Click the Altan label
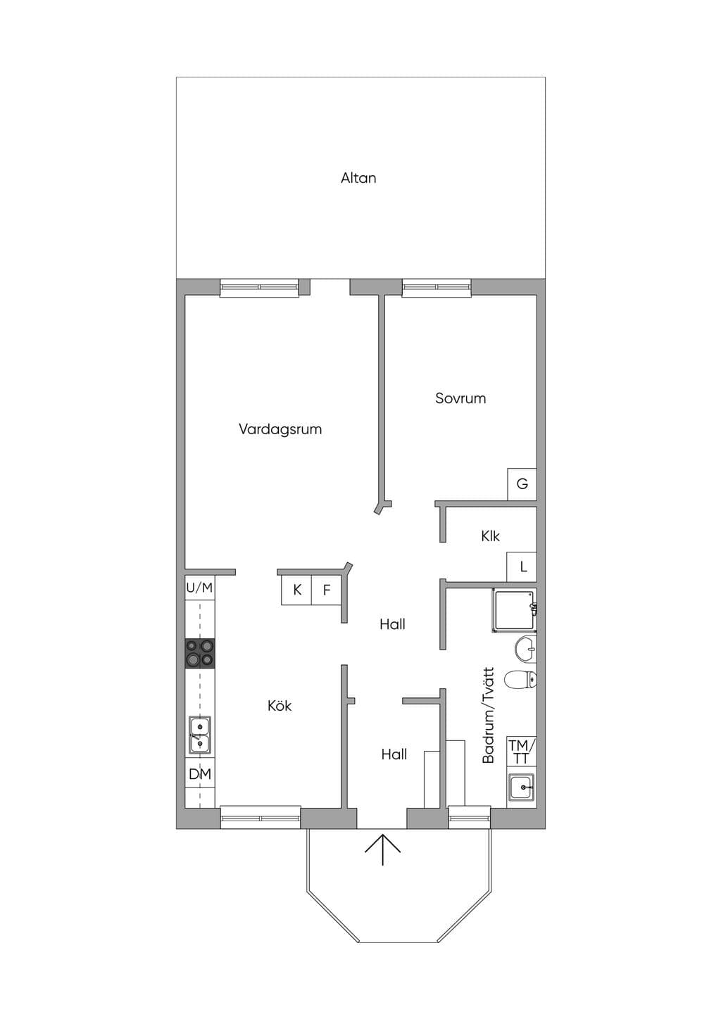pos(358,178)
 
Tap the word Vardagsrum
pos(280,429)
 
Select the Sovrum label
pos(460,398)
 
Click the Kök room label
pos(280,706)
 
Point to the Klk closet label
pos(490,536)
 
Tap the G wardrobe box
pos(522,484)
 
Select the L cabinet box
pos(522,567)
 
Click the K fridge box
pos(296,590)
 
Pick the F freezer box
pos(327,590)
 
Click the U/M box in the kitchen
pos(199,588)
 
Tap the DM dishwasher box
pos(200,773)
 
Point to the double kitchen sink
pos(200,734)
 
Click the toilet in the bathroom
pos(521,680)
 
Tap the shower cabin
pos(515,611)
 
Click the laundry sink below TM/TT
pos(522,787)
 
